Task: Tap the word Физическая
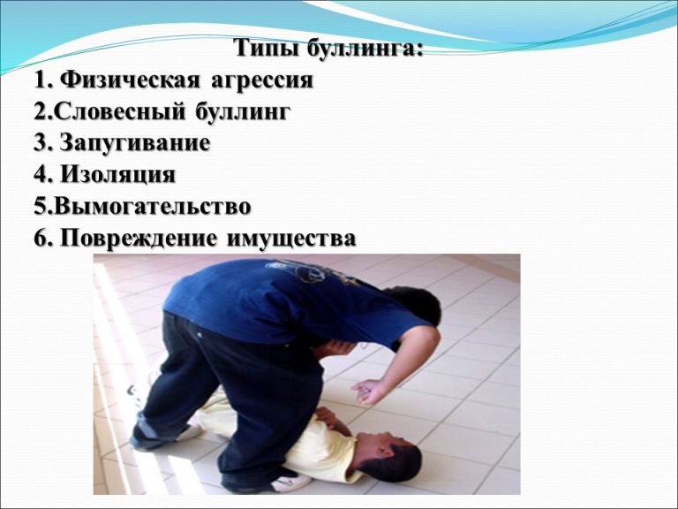tap(131, 80)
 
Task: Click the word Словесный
tap(121, 112)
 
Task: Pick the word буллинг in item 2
tap(243, 112)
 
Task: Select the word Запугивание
tap(135, 144)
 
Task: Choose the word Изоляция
tap(117, 175)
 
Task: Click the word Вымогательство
tap(153, 206)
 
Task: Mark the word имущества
tap(291, 239)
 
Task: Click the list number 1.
tap(41, 80)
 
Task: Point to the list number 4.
tap(41, 175)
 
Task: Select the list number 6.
tap(41, 239)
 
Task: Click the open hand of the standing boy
tap(368, 391)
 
